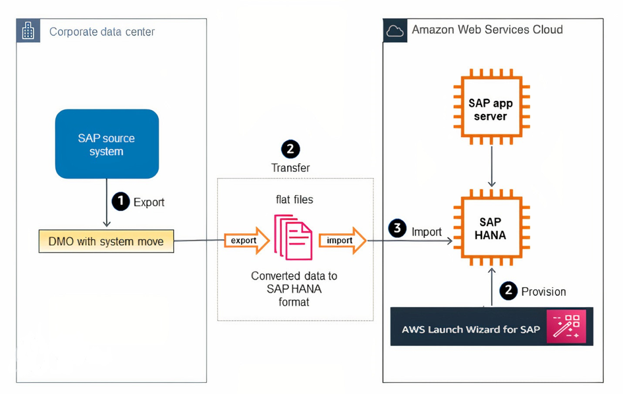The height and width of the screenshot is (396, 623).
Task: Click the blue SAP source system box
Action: coord(107,144)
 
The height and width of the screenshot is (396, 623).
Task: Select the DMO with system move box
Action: coord(106,242)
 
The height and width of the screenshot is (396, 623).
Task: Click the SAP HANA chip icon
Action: coord(491,229)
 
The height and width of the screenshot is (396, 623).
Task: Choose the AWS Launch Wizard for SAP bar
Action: coord(491,326)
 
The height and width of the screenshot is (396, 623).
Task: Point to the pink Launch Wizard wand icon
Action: coord(566,326)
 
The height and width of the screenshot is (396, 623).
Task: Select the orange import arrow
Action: coord(342,241)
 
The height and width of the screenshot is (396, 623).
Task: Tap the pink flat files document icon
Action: coord(293,237)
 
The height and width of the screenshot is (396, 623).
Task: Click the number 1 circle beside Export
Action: coord(121,202)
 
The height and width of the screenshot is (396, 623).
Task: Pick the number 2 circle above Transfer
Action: coord(290,149)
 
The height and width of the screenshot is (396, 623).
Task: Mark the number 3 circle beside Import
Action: coord(397,229)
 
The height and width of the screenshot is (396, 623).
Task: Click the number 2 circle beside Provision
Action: coord(508,291)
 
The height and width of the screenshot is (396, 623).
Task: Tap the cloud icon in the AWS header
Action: coord(395,30)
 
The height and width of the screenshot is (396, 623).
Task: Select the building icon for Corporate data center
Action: coord(28,31)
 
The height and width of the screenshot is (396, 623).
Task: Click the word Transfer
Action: coord(290,168)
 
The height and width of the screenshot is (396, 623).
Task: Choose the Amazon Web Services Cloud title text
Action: coord(487,30)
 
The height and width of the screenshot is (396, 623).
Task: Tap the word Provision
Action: coord(543,291)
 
